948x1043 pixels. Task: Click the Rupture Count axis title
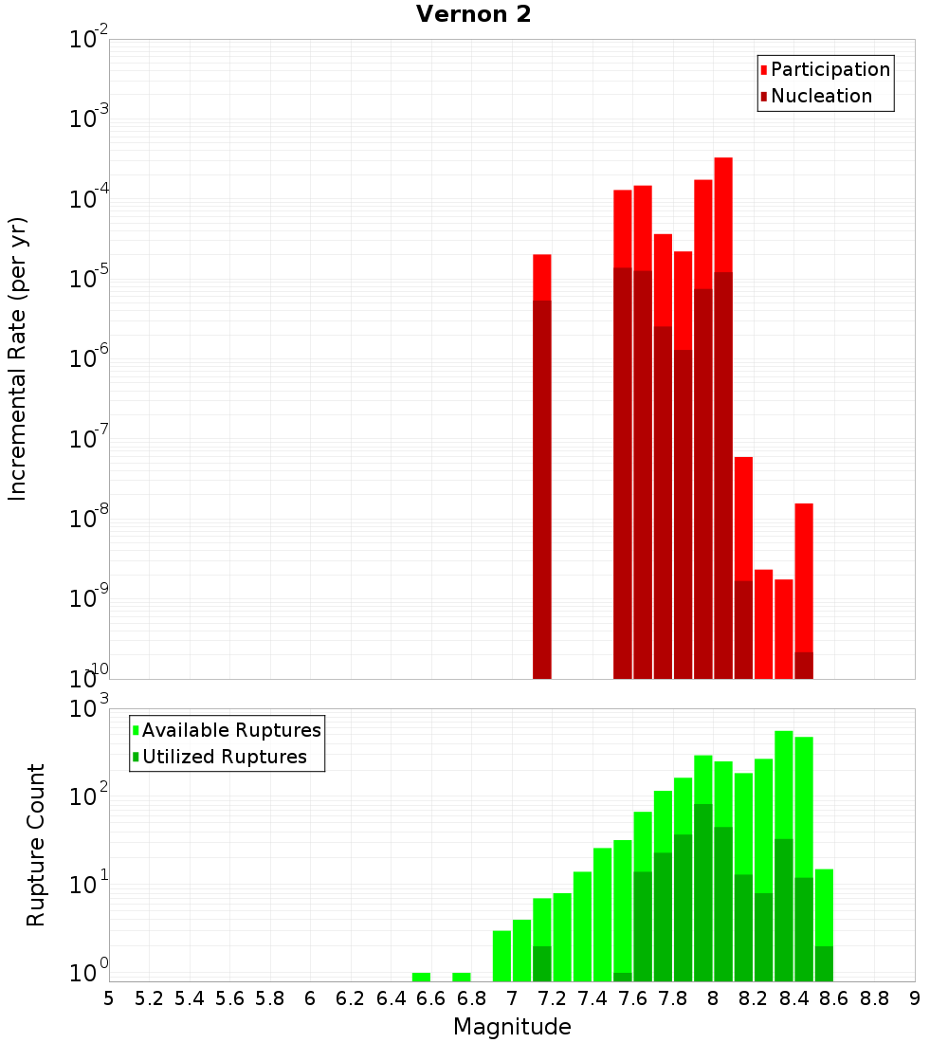[36, 845]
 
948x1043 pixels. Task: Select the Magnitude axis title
[512, 1027]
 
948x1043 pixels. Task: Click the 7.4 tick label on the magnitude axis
[592, 998]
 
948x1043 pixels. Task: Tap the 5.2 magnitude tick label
[150, 998]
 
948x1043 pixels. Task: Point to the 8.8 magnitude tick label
[874, 998]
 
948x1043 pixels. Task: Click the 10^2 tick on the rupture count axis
[89, 795]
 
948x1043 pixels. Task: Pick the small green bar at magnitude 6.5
[421, 977]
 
